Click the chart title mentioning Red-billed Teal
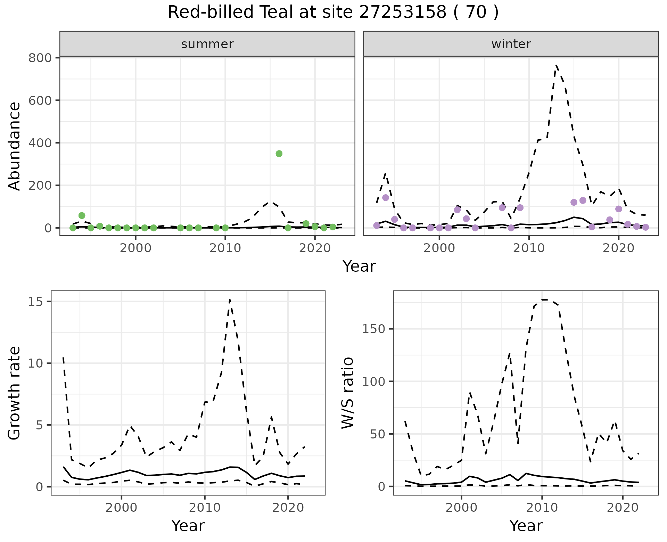coord(333,13)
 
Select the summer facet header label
coord(207,44)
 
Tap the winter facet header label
coord(511,44)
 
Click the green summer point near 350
coord(279,154)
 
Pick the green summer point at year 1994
coord(82,215)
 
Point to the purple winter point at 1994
coord(386,198)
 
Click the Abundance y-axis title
coord(15,146)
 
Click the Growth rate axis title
coord(15,393)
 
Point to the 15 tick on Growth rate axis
coord(38,302)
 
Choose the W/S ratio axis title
coord(347,393)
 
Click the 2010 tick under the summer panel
coord(225,248)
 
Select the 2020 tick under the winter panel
coord(618,248)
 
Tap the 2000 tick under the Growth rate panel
coord(121,508)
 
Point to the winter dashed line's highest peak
coord(556,65)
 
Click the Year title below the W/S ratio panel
coord(526,526)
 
